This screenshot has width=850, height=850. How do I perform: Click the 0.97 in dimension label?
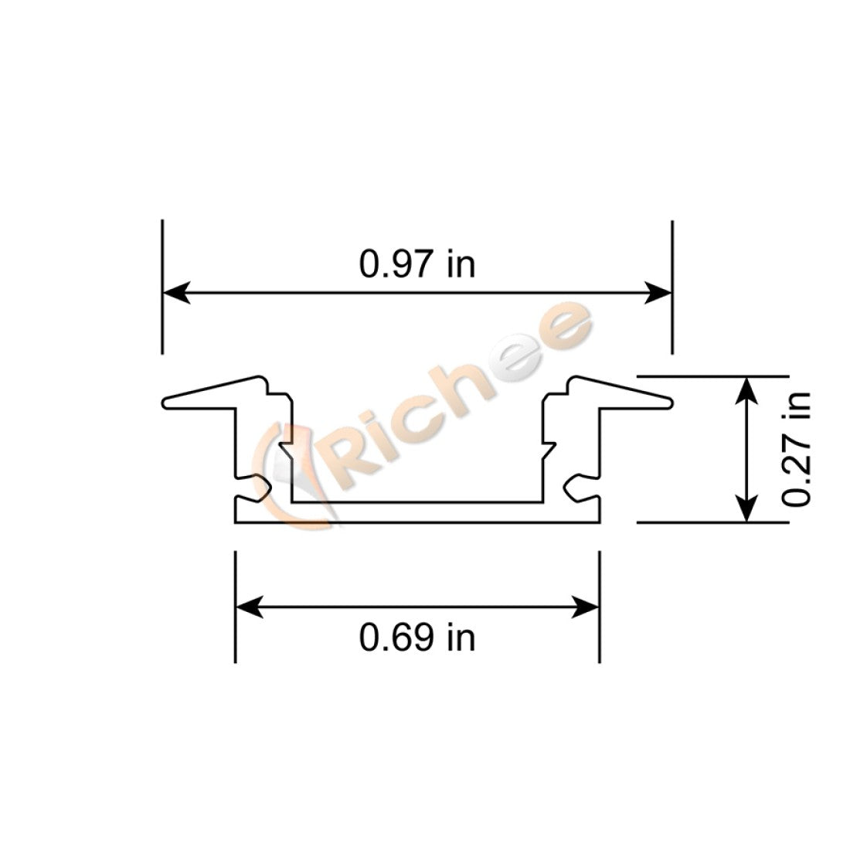tap(416, 264)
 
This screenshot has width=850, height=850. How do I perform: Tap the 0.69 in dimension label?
tap(416, 638)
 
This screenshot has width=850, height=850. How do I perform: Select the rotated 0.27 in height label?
tap(796, 449)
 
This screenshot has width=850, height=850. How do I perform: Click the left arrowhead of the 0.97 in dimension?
tap(176, 293)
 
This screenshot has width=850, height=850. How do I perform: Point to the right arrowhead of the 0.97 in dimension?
tap(658, 293)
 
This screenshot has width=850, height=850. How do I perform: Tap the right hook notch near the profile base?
tap(573, 488)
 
